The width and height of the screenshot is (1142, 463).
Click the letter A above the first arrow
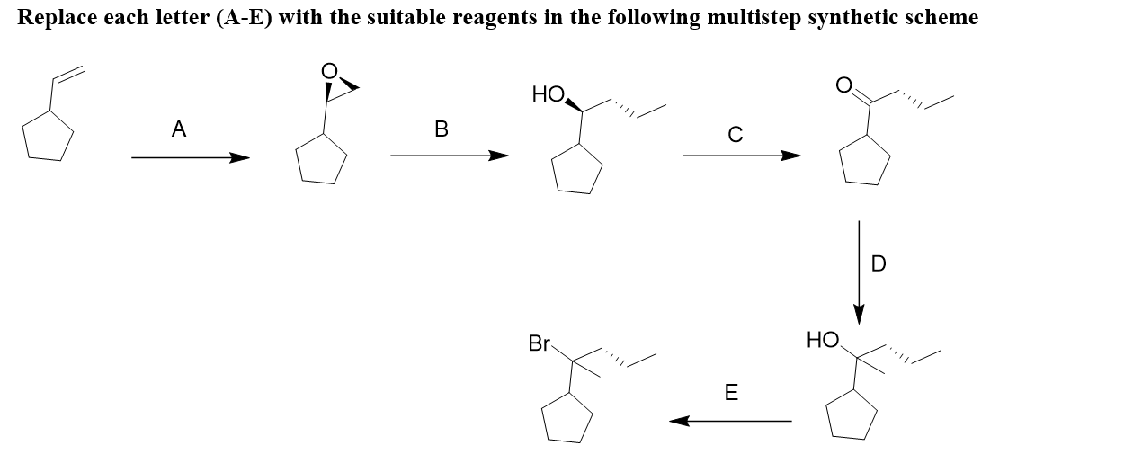coord(179,130)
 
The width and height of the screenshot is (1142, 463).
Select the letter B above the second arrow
coord(441,130)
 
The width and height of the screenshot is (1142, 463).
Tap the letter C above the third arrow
coord(735,136)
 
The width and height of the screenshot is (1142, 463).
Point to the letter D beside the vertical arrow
coord(879,263)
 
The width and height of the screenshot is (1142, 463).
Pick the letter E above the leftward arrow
coord(731,393)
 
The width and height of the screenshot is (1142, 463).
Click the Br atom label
coord(540,343)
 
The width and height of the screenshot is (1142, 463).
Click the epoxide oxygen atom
coord(331,70)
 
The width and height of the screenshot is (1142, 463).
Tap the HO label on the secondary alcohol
coord(548,93)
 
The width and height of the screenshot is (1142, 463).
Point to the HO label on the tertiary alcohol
coord(822,340)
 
